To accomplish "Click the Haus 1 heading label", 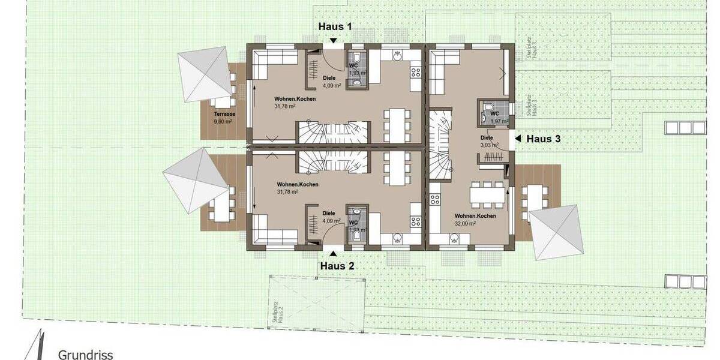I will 335,26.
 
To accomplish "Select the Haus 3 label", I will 543,139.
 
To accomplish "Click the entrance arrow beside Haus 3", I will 518,139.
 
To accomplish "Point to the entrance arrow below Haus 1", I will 334,40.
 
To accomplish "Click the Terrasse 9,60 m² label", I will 223,117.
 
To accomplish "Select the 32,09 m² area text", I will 465,223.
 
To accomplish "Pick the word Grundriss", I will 85,355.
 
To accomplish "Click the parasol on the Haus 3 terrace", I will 557,232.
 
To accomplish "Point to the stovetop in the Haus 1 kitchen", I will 415,73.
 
